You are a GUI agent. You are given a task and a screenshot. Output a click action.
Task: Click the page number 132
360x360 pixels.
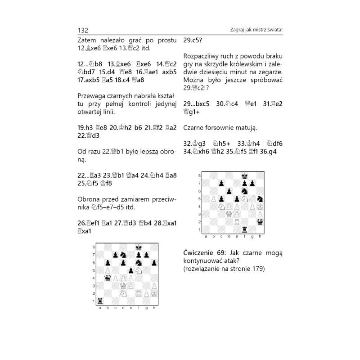tap(83, 30)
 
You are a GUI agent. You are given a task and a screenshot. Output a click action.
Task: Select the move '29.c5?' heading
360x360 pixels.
tap(193, 40)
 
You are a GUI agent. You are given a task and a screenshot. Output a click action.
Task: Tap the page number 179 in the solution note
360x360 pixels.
tap(258, 269)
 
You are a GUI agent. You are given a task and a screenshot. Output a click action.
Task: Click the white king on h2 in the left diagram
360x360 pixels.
tap(154, 293)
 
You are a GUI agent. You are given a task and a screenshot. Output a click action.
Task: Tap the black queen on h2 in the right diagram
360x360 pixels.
tap(260, 222)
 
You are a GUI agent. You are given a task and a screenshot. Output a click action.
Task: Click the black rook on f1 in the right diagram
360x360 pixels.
tap(245, 229)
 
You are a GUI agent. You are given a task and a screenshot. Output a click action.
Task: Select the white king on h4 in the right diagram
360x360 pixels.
tap(260, 206)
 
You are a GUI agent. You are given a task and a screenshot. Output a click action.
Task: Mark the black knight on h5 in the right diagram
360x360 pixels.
tap(260, 198)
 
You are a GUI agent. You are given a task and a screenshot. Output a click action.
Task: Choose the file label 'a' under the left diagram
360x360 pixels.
tap(100, 309)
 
